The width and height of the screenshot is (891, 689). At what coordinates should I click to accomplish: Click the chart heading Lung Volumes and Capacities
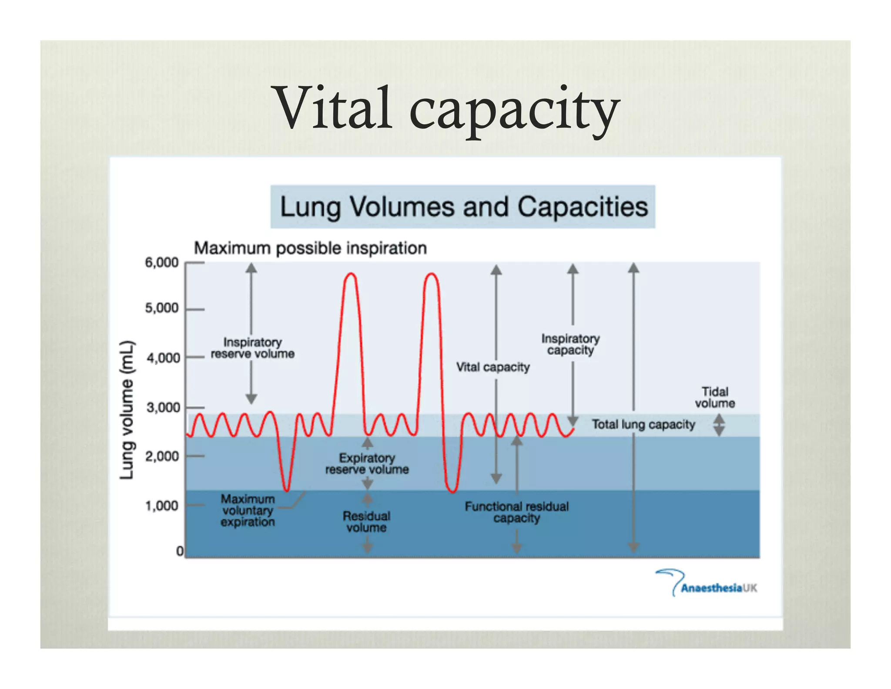[463, 207]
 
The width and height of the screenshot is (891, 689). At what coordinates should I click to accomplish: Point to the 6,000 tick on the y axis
[161, 263]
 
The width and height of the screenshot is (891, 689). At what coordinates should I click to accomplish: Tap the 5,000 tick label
[161, 308]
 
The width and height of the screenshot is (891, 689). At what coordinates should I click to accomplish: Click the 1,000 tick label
[161, 506]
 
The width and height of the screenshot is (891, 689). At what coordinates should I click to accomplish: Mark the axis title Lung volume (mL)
[127, 410]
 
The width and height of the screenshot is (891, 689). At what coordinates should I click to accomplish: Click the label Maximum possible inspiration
[310, 248]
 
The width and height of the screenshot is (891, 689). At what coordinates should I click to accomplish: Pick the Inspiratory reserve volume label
[253, 348]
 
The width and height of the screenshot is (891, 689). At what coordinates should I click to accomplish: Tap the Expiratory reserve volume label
[367, 463]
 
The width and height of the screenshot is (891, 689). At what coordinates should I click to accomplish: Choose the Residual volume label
[366, 522]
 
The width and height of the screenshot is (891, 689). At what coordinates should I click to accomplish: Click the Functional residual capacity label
[516, 512]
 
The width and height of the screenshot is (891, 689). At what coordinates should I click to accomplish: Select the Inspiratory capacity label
[570, 344]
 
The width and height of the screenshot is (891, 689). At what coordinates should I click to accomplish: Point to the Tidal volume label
[715, 397]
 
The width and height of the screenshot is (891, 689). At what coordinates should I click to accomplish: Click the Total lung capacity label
[643, 424]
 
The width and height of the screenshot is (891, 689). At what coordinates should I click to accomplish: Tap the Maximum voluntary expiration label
[248, 510]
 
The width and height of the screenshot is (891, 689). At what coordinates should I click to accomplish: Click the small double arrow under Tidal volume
[719, 425]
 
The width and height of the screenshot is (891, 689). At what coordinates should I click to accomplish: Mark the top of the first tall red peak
[351, 274]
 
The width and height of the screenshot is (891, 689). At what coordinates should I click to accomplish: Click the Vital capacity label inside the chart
[492, 367]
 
